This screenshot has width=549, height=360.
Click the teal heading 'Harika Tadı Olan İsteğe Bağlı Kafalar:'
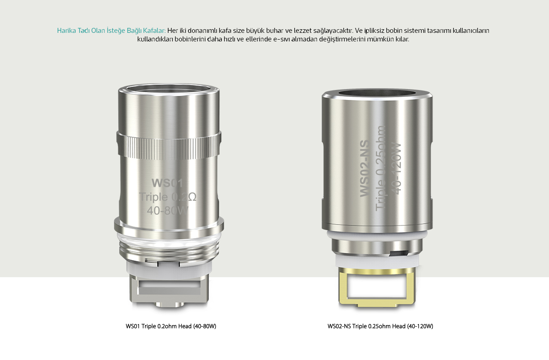pyautogui.click(x=111, y=31)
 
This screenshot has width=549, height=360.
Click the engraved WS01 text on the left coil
pyautogui.click(x=167, y=183)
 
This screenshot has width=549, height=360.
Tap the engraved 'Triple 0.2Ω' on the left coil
pyautogui.click(x=168, y=197)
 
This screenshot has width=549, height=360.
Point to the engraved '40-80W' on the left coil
pyautogui.click(x=168, y=211)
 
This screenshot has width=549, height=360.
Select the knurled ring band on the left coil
pyautogui.click(x=169, y=145)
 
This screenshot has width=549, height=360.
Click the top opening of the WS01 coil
pyautogui.click(x=169, y=89)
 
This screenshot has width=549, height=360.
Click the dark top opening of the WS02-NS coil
pyautogui.click(x=377, y=94)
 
